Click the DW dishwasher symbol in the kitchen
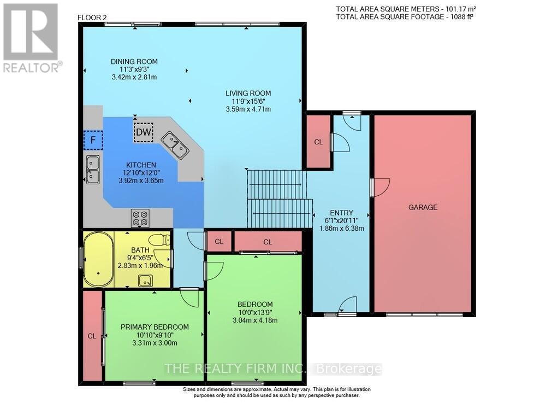[x=144, y=132]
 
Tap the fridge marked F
[x=93, y=140]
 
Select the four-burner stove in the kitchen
[x=140, y=218]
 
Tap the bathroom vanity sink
[x=145, y=281]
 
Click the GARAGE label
[x=423, y=207]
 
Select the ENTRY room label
[x=342, y=213]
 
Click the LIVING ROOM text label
[x=248, y=93]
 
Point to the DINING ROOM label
[x=134, y=61]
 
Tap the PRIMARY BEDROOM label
[x=155, y=327]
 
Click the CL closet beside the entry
[x=318, y=142]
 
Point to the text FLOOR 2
[x=92, y=18]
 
